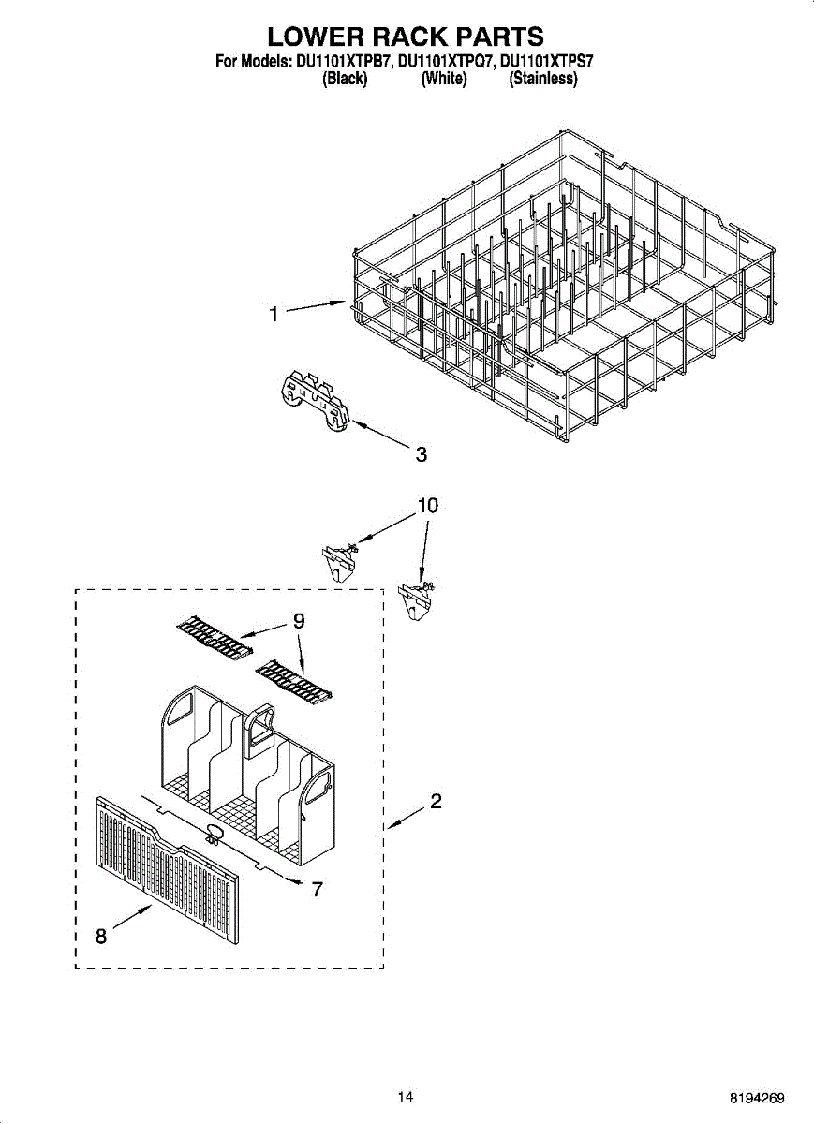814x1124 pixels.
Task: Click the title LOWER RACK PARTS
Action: point(406,37)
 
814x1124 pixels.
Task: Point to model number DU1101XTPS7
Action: point(547,63)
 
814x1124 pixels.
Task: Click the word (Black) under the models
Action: point(344,80)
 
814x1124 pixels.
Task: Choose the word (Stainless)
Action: point(543,80)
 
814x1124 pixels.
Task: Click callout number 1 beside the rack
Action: point(274,315)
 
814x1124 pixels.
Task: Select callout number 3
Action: point(422,454)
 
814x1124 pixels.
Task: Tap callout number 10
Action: point(427,506)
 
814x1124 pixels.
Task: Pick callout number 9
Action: point(299,620)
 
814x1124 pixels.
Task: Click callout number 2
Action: point(436,802)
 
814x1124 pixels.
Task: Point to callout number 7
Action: point(318,889)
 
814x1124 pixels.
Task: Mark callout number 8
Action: point(100,935)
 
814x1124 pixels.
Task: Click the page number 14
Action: point(405,1097)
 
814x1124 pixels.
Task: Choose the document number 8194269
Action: point(758,1098)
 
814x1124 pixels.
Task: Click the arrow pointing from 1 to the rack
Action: point(315,307)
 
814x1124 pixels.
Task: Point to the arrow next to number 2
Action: point(405,819)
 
